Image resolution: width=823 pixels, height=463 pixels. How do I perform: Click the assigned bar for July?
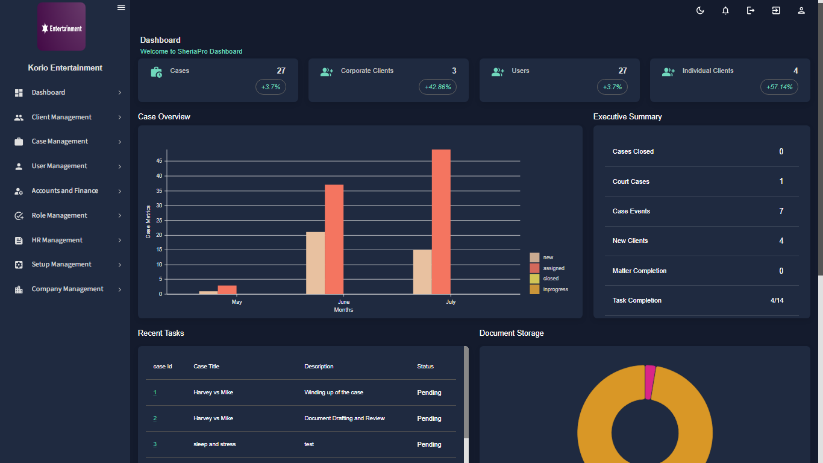click(x=441, y=222)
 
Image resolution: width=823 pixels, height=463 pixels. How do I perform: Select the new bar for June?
click(x=315, y=263)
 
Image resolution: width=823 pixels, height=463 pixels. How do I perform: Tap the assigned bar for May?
click(x=227, y=290)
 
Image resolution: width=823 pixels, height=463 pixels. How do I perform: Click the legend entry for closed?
click(x=550, y=279)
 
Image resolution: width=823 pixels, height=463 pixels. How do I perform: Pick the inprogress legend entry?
click(x=555, y=289)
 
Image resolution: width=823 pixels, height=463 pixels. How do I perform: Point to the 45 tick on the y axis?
click(x=159, y=161)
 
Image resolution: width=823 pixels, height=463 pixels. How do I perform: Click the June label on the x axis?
click(x=343, y=301)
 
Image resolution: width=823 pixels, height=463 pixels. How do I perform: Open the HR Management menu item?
click(x=57, y=240)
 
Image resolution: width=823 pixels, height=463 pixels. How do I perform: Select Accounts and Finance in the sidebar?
click(x=64, y=191)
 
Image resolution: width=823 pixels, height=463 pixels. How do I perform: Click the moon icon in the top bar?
click(x=700, y=10)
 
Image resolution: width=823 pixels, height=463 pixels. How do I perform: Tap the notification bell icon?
click(x=725, y=10)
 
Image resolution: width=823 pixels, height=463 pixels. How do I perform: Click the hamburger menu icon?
click(x=121, y=7)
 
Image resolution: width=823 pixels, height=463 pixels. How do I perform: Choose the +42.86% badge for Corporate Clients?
click(x=437, y=87)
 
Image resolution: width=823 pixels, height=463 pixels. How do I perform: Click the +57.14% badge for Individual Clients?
click(x=779, y=87)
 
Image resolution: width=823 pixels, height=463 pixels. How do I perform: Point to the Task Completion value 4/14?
click(x=777, y=300)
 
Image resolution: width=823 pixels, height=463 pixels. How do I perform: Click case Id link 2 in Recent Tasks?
click(x=155, y=418)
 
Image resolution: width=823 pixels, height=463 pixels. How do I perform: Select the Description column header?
click(x=319, y=367)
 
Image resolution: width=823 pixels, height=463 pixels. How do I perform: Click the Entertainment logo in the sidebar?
click(x=61, y=27)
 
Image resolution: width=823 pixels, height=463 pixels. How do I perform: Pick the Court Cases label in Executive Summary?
click(x=631, y=181)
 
